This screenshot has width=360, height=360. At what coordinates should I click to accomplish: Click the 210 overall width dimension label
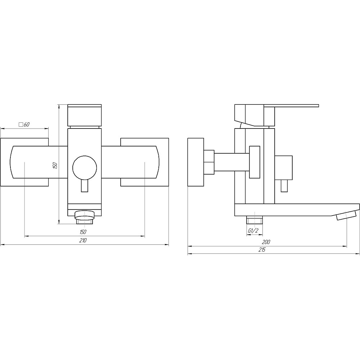point(83,240)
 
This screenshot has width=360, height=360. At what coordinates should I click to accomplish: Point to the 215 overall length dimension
point(262,250)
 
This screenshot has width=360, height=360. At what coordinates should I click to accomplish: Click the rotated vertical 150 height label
point(55,166)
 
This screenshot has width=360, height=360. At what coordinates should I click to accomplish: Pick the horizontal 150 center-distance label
point(83,232)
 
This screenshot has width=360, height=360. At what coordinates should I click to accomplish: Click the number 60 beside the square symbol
point(27,125)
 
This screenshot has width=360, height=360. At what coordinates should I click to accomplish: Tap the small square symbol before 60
point(21,125)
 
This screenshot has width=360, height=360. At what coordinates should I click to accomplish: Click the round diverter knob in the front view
point(85,167)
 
